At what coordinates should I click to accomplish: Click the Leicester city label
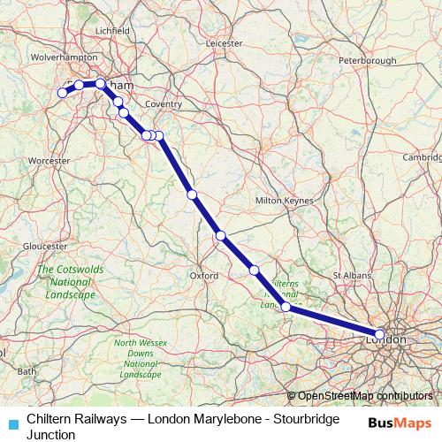point(223,42)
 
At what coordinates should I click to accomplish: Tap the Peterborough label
point(367,60)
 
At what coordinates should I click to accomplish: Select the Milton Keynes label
point(284,201)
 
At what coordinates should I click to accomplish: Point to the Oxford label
point(204,276)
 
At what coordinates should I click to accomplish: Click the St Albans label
point(350,276)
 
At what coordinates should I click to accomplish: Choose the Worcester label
point(49,161)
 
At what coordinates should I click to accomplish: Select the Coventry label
point(164,104)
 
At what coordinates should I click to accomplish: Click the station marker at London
point(380,334)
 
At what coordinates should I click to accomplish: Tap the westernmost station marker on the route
point(62,92)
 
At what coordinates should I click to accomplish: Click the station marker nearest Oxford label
point(221,235)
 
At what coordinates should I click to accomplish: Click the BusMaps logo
point(399,423)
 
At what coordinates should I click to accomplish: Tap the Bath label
point(27,371)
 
